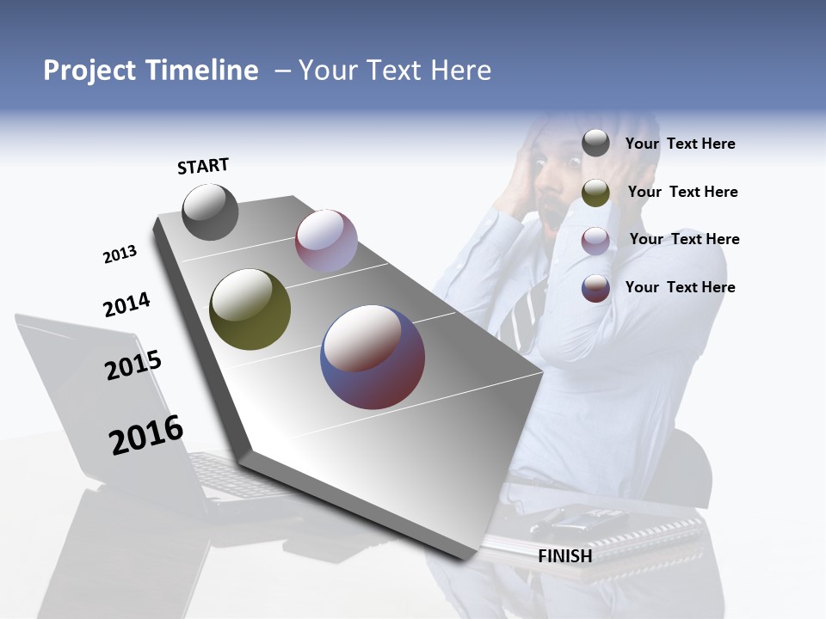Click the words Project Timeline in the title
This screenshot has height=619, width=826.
point(151,70)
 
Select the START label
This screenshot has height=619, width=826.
point(203,166)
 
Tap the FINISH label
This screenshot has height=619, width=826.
point(564,556)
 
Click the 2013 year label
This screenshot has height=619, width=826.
point(120,254)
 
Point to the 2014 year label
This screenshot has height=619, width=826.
point(126,304)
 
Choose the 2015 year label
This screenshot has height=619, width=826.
point(133,365)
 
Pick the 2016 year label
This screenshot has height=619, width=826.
point(145,435)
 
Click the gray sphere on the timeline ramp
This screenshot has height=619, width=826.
point(210,212)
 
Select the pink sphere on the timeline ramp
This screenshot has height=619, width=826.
point(326,241)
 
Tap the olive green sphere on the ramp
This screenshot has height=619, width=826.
point(250,309)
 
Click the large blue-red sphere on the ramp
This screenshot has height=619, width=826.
point(373,357)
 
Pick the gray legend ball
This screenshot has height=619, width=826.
point(595,143)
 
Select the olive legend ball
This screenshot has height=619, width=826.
point(595,193)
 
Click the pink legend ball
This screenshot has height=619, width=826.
point(595,241)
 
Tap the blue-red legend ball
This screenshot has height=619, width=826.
point(595,288)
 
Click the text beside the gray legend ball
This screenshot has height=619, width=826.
point(680,144)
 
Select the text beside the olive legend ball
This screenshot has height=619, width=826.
point(682,192)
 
